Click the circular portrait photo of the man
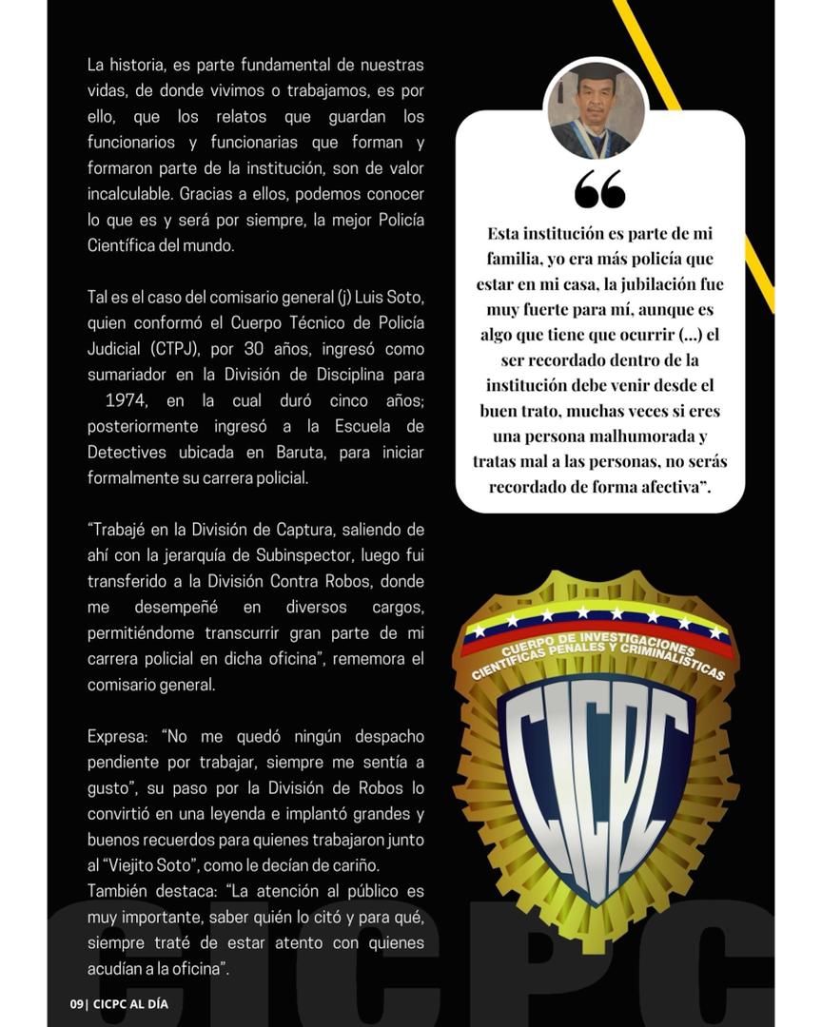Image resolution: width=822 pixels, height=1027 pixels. [x=597, y=111]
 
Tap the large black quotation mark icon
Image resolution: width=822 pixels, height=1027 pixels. [x=599, y=189]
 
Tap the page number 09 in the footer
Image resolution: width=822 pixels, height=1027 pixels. [x=77, y=1003]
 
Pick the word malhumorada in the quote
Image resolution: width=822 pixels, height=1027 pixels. [x=645, y=436]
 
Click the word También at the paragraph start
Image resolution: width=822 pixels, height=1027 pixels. [x=120, y=891]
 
